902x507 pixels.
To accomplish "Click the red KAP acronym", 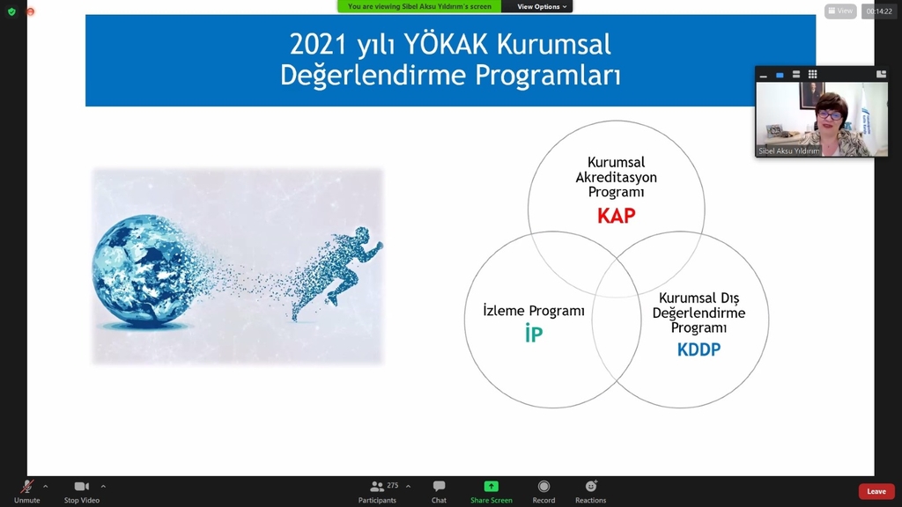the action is [616, 216].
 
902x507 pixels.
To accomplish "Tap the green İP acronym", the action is [533, 333].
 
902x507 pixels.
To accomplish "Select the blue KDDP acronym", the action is [699, 349].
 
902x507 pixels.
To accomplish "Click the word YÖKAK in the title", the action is [446, 44].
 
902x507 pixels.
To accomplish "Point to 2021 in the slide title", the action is [318, 45].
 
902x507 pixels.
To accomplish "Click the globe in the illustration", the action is [146, 271].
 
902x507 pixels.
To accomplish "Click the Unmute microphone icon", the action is [26, 486].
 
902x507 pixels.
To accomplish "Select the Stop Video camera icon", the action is [82, 486].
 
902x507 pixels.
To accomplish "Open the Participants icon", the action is [377, 487].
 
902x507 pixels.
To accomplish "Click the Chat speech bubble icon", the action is [439, 486].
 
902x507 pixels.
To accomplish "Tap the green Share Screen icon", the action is [491, 486].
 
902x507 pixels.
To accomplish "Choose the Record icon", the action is [543, 486].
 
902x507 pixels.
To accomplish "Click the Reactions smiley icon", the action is [591, 486].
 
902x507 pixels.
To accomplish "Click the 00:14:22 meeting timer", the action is [879, 11].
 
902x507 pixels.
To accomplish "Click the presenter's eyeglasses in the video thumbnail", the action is [829, 115].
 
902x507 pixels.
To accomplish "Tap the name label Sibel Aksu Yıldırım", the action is [788, 151].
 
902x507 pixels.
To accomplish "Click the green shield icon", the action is [11, 11].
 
